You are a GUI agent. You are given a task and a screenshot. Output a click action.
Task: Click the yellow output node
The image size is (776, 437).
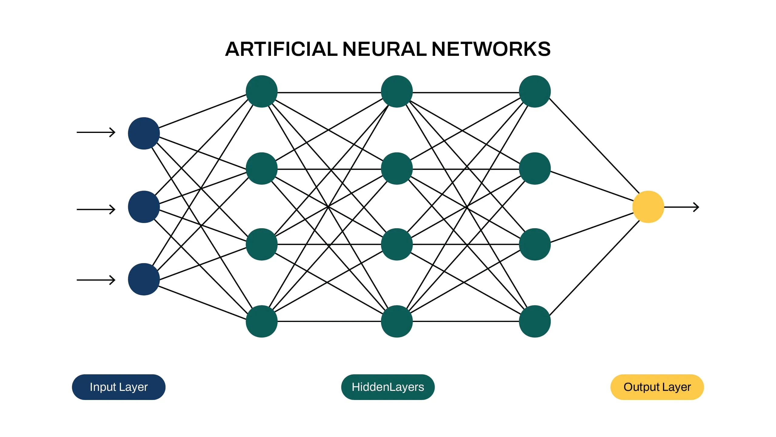pyautogui.click(x=648, y=207)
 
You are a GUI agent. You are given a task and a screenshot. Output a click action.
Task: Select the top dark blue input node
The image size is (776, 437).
pyautogui.click(x=144, y=133)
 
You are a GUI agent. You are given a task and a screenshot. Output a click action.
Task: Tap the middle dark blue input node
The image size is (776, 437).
pyautogui.click(x=144, y=207)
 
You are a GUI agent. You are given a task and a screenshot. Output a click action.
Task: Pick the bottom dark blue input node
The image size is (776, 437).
pyautogui.click(x=144, y=279)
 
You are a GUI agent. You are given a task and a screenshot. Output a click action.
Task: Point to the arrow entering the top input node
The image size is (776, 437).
pyautogui.click(x=96, y=132)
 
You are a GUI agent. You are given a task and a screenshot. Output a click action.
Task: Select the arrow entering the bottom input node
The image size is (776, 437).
pyautogui.click(x=96, y=280)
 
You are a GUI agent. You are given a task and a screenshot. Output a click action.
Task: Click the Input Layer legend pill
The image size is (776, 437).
pyautogui.click(x=119, y=387)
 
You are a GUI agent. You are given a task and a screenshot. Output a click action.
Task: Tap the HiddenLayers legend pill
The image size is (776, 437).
pyautogui.click(x=388, y=387)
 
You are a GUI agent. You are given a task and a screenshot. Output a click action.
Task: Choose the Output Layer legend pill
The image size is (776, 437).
pyautogui.click(x=657, y=387)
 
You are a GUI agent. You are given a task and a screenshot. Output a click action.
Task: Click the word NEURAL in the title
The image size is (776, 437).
pyautogui.click(x=384, y=49)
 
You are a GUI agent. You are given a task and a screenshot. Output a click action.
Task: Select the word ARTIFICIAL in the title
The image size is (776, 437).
pyautogui.click(x=281, y=49)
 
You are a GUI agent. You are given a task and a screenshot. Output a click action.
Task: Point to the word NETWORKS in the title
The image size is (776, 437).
pyautogui.click(x=491, y=49)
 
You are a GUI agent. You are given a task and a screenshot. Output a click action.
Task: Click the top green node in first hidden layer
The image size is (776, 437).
pyautogui.click(x=262, y=91)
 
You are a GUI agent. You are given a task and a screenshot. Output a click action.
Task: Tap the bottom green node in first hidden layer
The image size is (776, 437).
pyautogui.click(x=262, y=321)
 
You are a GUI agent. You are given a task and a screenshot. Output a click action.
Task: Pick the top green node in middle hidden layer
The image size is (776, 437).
pyautogui.click(x=396, y=91)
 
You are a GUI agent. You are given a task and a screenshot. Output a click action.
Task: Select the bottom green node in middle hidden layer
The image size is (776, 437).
pyautogui.click(x=396, y=321)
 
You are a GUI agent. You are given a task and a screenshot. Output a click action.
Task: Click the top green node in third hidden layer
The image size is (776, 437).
pyautogui.click(x=535, y=91)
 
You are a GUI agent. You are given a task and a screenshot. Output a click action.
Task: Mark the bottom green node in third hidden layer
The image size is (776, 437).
pyautogui.click(x=535, y=321)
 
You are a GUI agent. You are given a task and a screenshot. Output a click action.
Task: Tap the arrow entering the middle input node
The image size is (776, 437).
pyautogui.click(x=96, y=209)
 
